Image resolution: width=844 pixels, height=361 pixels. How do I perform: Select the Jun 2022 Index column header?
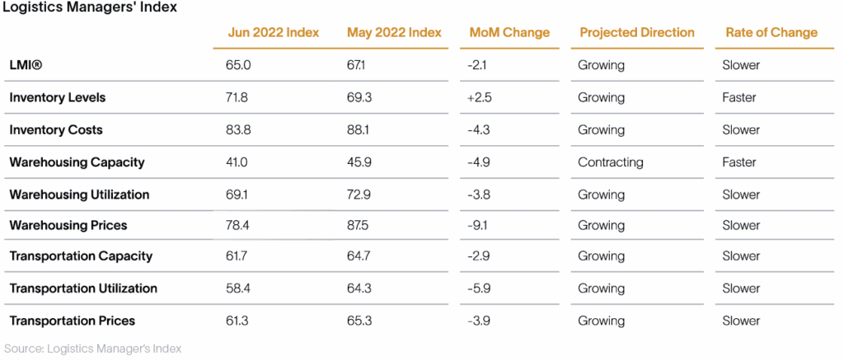274,32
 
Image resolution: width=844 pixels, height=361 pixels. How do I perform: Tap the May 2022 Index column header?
394,32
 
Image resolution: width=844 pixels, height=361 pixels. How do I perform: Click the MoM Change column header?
509,32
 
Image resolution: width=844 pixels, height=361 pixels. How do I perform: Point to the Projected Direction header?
637,32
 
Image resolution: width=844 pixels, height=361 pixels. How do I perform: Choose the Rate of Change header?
771,32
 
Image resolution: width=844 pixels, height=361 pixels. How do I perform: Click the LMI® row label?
25,65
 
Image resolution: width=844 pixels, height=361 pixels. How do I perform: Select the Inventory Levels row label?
58,98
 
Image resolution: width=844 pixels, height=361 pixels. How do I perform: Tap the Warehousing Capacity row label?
77,162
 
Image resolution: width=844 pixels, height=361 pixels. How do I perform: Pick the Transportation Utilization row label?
83,288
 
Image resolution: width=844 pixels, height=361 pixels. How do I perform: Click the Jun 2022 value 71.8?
238,98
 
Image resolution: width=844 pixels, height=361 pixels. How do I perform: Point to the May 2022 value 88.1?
358,130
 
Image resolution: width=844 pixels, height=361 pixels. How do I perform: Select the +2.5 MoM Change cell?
481,98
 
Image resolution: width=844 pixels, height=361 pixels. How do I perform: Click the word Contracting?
611,162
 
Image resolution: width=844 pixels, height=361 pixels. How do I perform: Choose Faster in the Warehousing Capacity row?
739,162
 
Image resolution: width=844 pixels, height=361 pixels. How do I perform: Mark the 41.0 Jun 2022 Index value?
238,162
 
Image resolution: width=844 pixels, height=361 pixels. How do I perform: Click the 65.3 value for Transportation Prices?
359,321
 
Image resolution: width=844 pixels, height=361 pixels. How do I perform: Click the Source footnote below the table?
93,349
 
